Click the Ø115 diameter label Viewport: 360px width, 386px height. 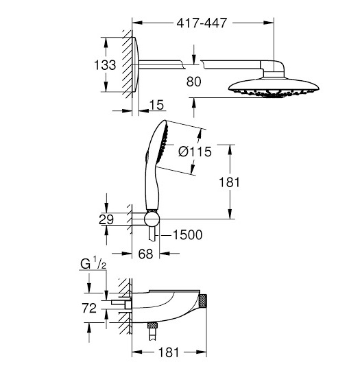(194, 152)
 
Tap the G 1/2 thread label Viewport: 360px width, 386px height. (94, 263)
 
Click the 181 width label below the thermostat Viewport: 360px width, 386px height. (169, 352)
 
